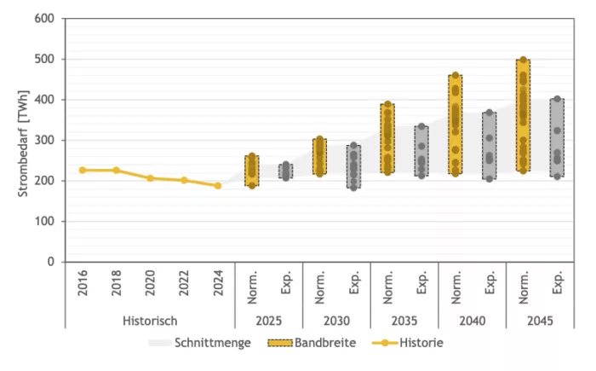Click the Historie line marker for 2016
[83, 170]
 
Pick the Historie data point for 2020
[150, 178]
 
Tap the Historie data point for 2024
[217, 185]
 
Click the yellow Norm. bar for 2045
[524, 115]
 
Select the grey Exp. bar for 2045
[557, 138]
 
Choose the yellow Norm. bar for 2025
[252, 171]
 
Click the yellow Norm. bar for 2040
[456, 125]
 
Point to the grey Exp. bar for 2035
[421, 151]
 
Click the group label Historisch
[150, 322]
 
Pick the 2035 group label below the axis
[404, 322]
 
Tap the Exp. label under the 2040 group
[490, 283]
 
